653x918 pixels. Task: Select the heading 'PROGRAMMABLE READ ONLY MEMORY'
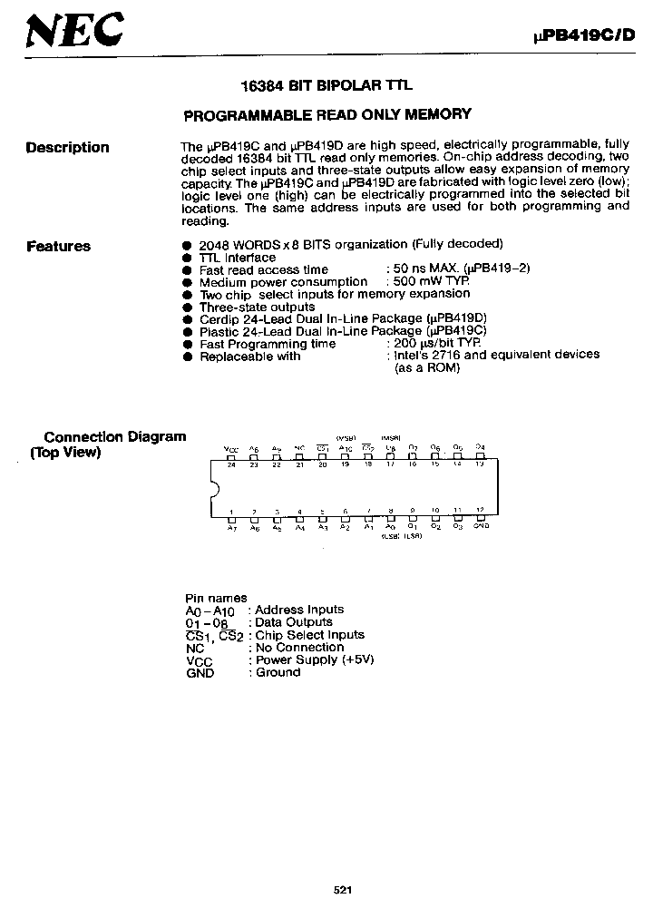pyautogui.click(x=327, y=114)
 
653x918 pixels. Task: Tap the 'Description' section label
pyautogui.click(x=67, y=148)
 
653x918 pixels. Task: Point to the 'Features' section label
pyautogui.click(x=58, y=246)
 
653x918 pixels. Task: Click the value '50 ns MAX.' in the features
pyautogui.click(x=425, y=270)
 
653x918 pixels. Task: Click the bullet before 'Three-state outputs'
pyautogui.click(x=187, y=308)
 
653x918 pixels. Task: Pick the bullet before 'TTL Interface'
pyautogui.click(x=187, y=259)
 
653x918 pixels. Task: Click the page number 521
pyautogui.click(x=343, y=890)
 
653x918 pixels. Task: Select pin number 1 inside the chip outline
pyautogui.click(x=231, y=512)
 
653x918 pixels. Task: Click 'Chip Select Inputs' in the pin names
pyautogui.click(x=310, y=635)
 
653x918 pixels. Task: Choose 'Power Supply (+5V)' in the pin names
pyautogui.click(x=315, y=659)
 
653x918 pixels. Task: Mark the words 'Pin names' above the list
pyautogui.click(x=216, y=598)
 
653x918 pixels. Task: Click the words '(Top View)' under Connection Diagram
pyautogui.click(x=65, y=453)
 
